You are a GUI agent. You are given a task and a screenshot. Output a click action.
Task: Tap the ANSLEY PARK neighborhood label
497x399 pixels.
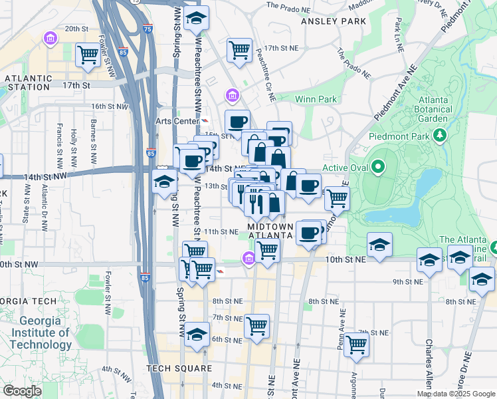pyautogui.click(x=334, y=21)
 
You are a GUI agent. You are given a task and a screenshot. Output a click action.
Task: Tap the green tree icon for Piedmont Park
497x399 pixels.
pyautogui.click(x=439, y=136)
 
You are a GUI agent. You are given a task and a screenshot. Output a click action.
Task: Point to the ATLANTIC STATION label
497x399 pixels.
pyautogui.click(x=28, y=82)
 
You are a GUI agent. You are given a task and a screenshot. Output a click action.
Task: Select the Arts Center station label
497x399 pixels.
pyautogui.click(x=177, y=121)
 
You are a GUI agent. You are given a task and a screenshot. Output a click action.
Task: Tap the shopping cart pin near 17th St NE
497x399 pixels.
pyautogui.click(x=239, y=49)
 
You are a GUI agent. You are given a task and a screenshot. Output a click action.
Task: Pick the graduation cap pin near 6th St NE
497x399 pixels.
pyautogui.click(x=197, y=333)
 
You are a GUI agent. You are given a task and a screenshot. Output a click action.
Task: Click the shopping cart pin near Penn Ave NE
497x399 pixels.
pyautogui.click(x=357, y=344)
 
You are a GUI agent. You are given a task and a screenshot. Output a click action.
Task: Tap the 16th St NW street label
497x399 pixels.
pyautogui.click(x=110, y=106)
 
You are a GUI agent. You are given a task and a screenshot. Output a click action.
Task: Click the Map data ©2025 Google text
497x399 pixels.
pyautogui.click(x=455, y=394)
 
